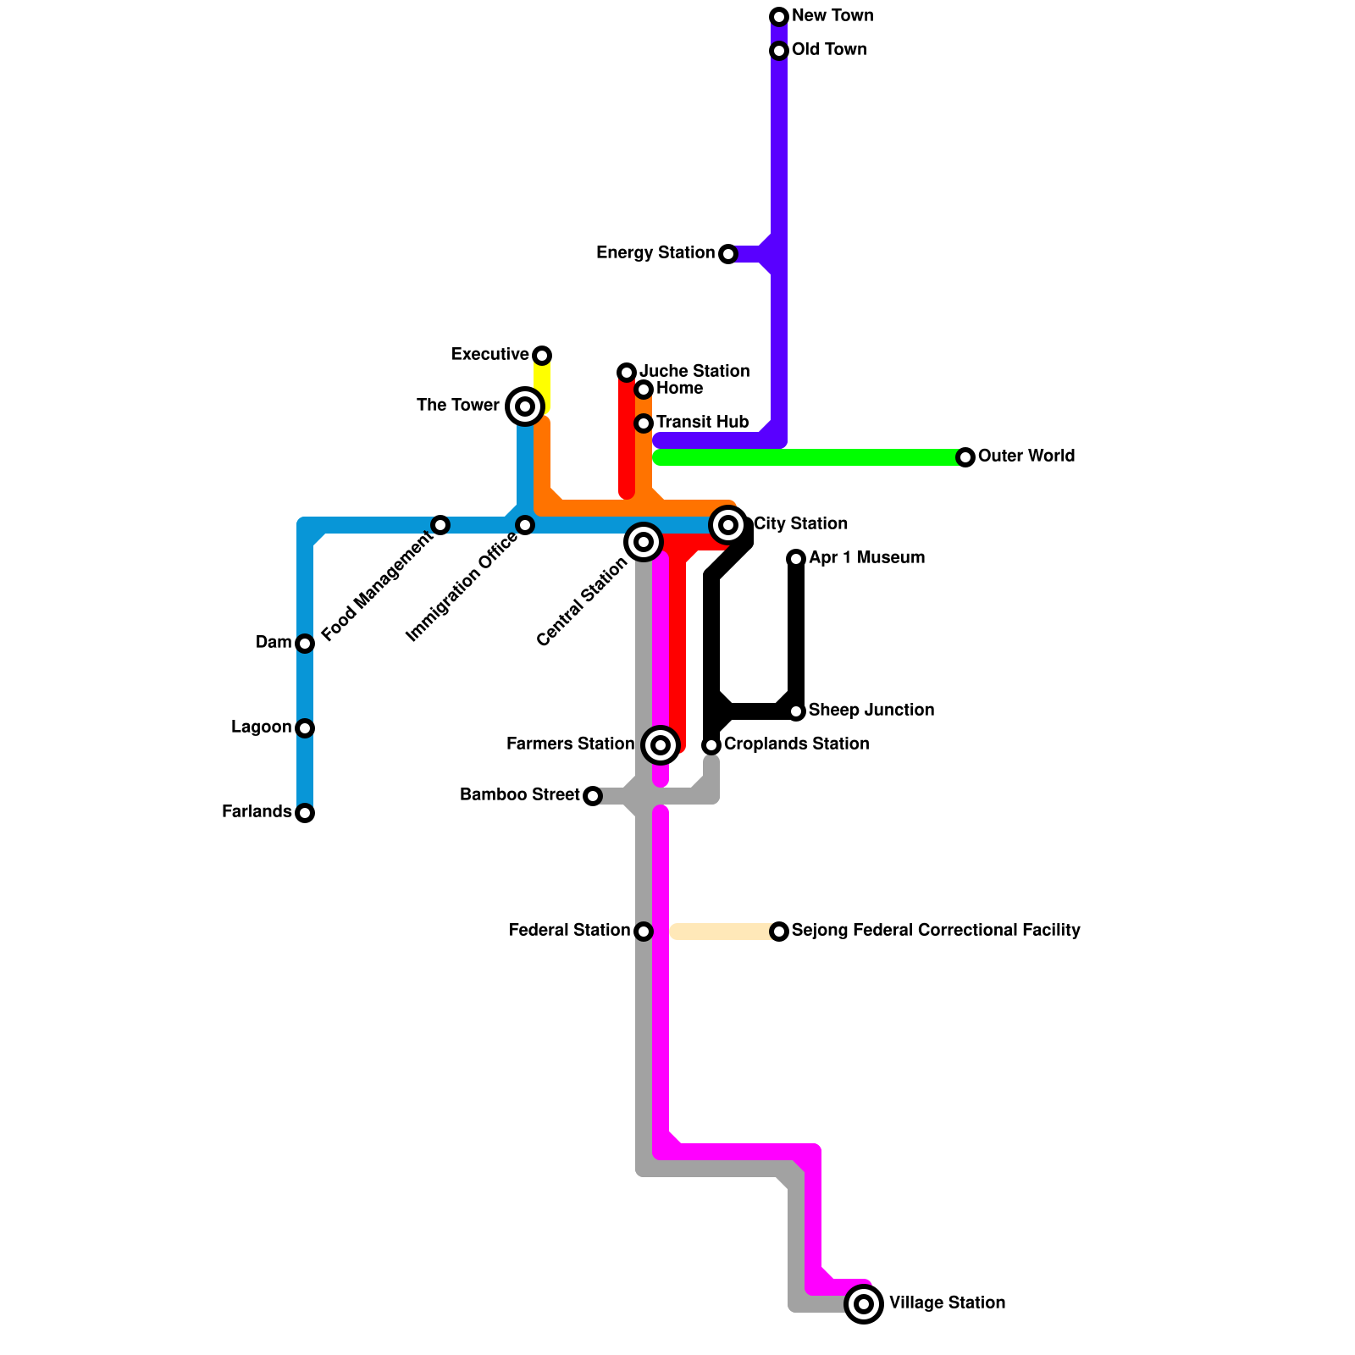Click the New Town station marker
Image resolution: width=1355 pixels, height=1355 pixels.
(x=779, y=17)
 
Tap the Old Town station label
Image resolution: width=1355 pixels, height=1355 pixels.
(x=829, y=50)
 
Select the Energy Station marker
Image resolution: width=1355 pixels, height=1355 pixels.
(x=728, y=254)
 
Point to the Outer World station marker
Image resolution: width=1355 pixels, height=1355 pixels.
(x=965, y=457)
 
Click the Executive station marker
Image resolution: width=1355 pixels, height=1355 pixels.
(x=542, y=356)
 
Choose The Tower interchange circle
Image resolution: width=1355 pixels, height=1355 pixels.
(x=525, y=406)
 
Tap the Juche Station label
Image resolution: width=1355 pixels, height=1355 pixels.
(x=694, y=372)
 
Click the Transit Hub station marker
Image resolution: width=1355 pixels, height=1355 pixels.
(x=644, y=423)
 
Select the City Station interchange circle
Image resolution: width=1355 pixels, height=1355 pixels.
(x=728, y=525)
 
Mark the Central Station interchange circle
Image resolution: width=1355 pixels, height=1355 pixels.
(x=644, y=542)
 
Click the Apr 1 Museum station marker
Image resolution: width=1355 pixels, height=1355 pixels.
(x=796, y=559)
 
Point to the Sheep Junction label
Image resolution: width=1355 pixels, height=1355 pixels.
(x=871, y=711)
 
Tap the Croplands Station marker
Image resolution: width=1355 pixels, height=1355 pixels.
(x=711, y=745)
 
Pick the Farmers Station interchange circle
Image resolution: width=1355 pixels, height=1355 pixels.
(x=661, y=745)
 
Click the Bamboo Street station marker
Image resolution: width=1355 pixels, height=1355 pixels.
(x=593, y=796)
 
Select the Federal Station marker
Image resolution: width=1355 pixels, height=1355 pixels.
(x=644, y=932)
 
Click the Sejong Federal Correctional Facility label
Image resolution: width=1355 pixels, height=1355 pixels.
(x=936, y=931)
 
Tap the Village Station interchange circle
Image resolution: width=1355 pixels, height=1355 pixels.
(x=864, y=1304)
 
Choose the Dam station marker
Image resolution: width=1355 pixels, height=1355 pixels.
(x=305, y=644)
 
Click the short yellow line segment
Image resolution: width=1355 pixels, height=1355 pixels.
(x=542, y=385)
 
